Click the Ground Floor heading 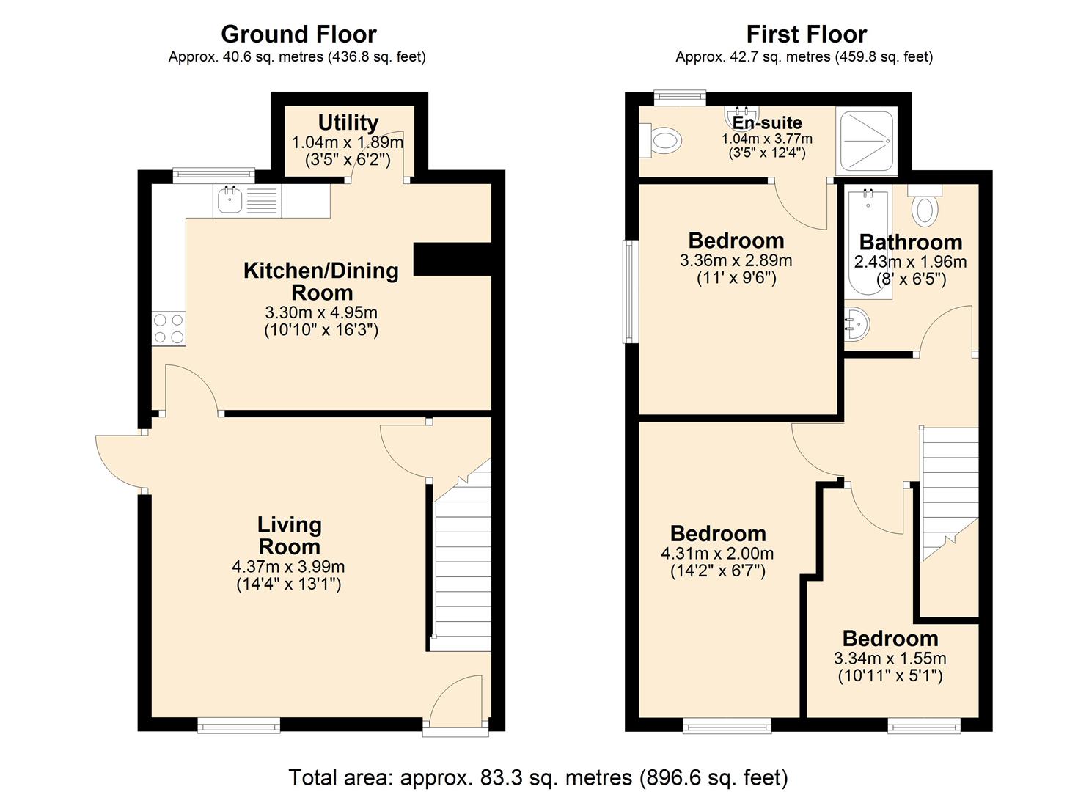[x=298, y=34]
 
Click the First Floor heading [x=806, y=34]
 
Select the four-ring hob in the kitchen [x=169, y=329]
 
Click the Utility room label [x=348, y=122]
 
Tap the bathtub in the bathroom [x=868, y=242]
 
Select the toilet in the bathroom [x=925, y=207]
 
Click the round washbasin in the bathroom [x=856, y=323]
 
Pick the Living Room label [x=289, y=535]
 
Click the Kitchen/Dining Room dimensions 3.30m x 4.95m [x=321, y=312]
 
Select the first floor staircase [x=950, y=491]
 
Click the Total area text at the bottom [x=538, y=777]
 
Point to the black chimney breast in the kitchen [x=452, y=259]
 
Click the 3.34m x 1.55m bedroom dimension [x=890, y=659]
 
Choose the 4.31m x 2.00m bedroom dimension [x=717, y=554]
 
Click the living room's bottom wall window [x=239, y=725]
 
